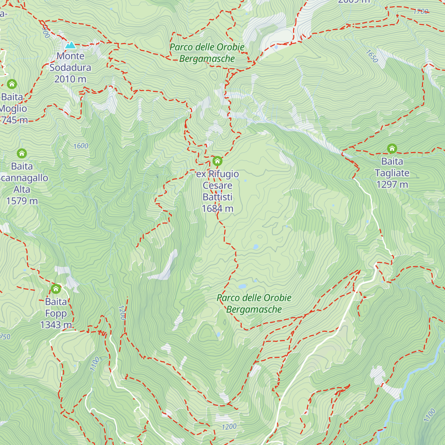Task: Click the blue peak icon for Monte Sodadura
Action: point(70,45)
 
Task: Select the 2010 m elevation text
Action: point(70,79)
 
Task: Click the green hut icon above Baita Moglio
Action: point(12,84)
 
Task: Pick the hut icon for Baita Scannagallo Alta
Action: point(22,153)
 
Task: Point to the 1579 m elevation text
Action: point(22,201)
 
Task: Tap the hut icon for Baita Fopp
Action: point(56,289)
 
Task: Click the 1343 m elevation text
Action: point(56,325)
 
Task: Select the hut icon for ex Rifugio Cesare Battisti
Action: point(217,161)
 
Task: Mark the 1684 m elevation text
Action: point(217,208)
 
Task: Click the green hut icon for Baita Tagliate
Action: point(392,149)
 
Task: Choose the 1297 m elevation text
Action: point(392,184)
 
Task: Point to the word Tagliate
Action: point(392,173)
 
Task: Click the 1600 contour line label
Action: point(81,146)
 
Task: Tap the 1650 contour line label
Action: point(372,56)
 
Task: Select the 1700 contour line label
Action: point(421,11)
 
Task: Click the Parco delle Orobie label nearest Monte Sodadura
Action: point(207,53)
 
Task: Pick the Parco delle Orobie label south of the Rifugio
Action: point(254,303)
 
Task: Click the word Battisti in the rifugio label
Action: point(217,197)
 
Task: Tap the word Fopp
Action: point(56,313)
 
